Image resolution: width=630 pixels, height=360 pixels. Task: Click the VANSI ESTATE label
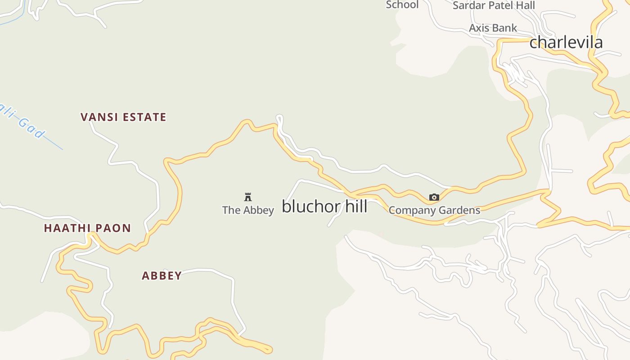click(123, 117)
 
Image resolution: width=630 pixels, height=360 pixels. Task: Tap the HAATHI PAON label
click(87, 228)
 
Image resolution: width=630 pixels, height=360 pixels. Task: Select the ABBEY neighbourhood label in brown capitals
click(162, 275)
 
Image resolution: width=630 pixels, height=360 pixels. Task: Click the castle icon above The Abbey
click(247, 197)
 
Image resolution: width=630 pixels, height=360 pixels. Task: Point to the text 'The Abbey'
click(248, 210)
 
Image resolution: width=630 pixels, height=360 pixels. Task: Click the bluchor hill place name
click(324, 206)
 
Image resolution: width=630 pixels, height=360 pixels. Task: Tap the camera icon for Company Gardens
click(434, 197)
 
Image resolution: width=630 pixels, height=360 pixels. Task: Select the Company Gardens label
click(434, 210)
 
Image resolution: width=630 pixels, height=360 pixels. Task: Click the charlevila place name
click(566, 42)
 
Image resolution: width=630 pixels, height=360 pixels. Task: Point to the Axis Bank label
click(493, 28)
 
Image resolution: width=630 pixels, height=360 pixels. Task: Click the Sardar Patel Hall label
click(494, 5)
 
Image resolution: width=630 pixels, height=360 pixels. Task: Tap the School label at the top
click(402, 4)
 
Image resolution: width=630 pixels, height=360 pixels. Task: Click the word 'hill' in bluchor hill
click(356, 206)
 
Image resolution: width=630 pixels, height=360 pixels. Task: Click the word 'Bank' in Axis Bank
click(505, 28)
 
